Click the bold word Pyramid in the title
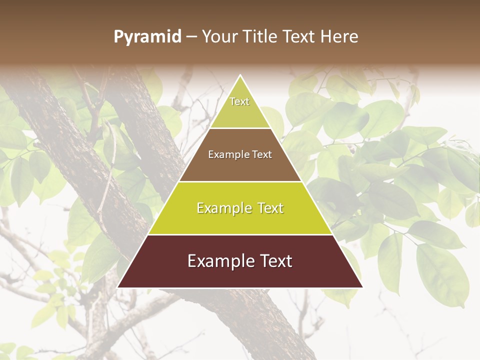click(147, 37)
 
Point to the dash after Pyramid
click(191, 37)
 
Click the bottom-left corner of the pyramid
click(118, 287)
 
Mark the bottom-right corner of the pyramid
click(362, 287)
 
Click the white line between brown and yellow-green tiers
click(240, 181)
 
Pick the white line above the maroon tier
click(240, 234)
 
